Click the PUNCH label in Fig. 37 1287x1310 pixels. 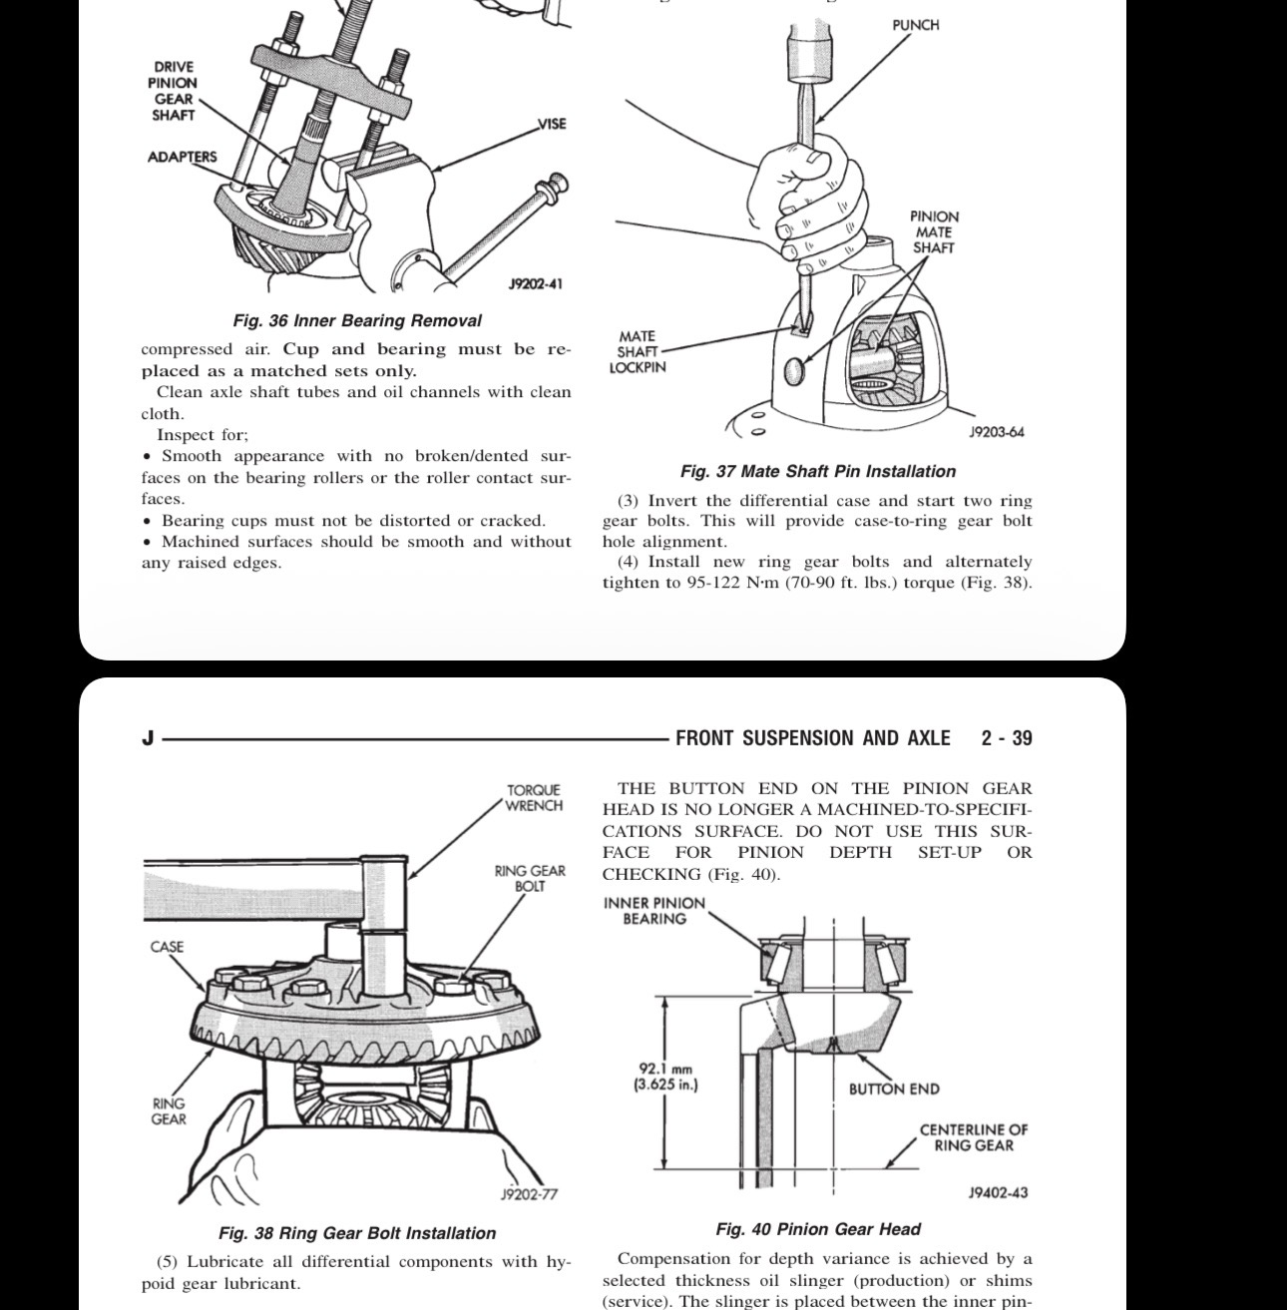click(x=915, y=25)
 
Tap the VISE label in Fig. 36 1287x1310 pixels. click(x=552, y=124)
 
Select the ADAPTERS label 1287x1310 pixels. click(x=182, y=157)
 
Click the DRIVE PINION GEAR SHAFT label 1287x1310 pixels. click(x=174, y=91)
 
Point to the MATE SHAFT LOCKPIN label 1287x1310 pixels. click(x=638, y=352)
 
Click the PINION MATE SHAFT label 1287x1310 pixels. click(x=934, y=231)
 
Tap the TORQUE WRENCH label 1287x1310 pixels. click(x=534, y=798)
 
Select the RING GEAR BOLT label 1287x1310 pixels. click(x=530, y=878)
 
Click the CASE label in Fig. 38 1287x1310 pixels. click(x=167, y=947)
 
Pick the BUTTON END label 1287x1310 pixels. click(x=894, y=1090)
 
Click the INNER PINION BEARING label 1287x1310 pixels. click(x=654, y=911)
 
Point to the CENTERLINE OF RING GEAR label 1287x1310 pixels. click(x=974, y=1137)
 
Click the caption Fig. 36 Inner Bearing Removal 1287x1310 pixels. click(x=357, y=321)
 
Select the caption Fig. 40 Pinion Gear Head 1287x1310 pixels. click(x=818, y=1229)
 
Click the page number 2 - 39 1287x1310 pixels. click(x=1007, y=738)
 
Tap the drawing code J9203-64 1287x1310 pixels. click(x=997, y=432)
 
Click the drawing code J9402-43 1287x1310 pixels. click(x=998, y=1192)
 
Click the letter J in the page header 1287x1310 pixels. click(x=149, y=738)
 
